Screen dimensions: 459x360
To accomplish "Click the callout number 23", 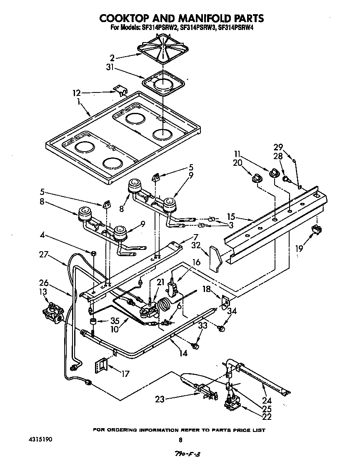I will pyautogui.click(x=160, y=399).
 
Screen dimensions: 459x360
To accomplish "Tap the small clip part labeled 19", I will pyautogui.click(x=319, y=228).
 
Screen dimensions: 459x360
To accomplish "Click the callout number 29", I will pyautogui.click(x=278, y=147).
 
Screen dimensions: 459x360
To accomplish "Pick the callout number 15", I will pyautogui.click(x=232, y=217).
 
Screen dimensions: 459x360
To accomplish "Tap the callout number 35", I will pyautogui.click(x=113, y=321).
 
